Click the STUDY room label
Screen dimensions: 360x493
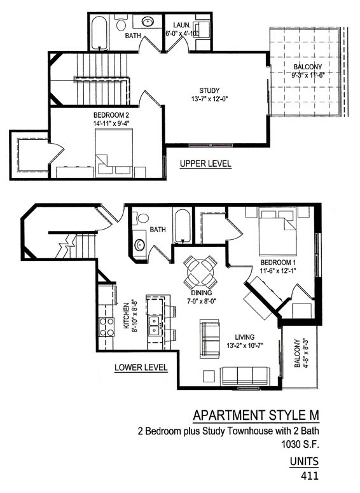(209, 90)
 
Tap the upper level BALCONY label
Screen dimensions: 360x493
(307, 67)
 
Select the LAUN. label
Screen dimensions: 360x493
(181, 25)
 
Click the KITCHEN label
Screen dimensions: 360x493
(126, 316)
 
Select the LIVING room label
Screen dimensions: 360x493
(245, 337)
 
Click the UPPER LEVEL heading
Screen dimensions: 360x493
(205, 164)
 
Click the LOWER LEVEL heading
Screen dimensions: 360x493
(141, 367)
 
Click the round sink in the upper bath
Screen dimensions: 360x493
(148, 22)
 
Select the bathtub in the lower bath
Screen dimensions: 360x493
(182, 226)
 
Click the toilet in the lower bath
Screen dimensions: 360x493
(141, 218)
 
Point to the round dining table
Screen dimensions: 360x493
(200, 272)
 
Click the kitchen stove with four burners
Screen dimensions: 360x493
(107, 327)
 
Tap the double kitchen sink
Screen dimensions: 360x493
(155, 326)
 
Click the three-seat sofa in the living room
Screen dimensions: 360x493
(246, 376)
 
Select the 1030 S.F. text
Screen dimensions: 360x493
(300, 445)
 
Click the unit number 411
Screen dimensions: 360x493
(310, 476)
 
